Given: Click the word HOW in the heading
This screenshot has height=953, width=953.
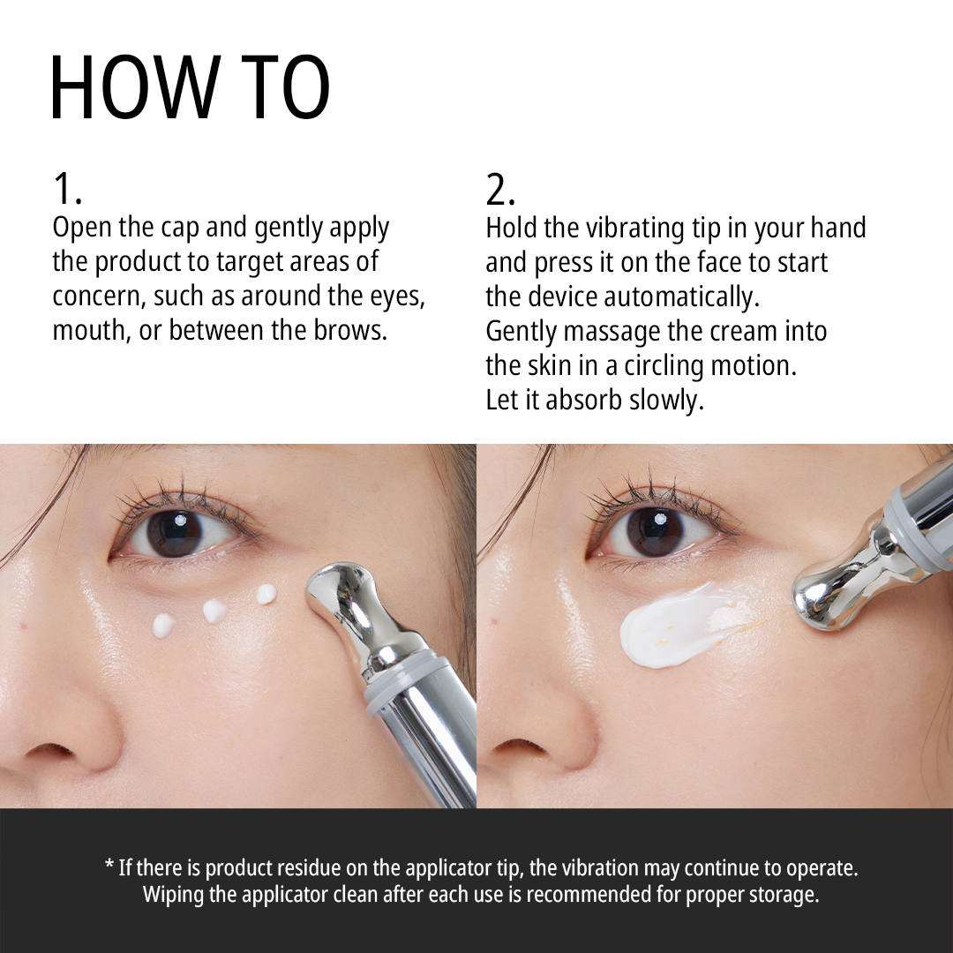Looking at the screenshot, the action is [135, 87].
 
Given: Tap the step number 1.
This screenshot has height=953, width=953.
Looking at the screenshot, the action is [66, 189].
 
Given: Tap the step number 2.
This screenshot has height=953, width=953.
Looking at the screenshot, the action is [499, 190].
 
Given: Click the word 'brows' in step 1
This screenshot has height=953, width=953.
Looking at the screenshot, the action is [349, 330].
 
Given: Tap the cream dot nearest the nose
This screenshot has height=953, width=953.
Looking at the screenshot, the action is [163, 625].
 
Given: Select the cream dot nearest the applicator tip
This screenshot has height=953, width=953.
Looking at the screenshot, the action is [266, 594].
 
